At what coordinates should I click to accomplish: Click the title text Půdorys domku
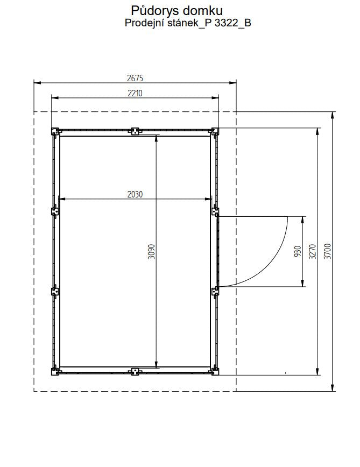point(177,11)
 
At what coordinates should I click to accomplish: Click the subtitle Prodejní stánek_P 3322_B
point(188,23)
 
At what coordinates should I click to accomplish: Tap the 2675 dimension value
point(135,78)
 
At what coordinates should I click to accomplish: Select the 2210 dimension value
point(135,93)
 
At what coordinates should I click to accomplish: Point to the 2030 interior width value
point(135,194)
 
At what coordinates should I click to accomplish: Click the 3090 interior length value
point(152,252)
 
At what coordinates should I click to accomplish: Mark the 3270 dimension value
point(312,251)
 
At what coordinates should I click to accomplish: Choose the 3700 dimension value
point(327,251)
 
